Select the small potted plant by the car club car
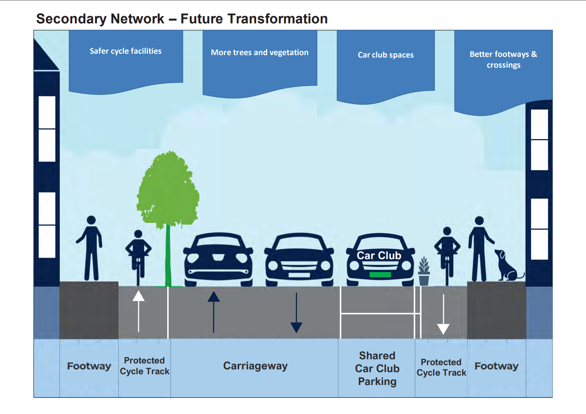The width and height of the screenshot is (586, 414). (x=424, y=272)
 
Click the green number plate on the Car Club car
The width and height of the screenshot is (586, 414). (x=380, y=274)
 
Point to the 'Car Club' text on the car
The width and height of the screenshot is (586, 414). (x=379, y=256)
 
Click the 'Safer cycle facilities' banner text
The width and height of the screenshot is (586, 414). (x=126, y=51)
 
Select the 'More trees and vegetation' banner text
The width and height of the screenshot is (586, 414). (x=260, y=53)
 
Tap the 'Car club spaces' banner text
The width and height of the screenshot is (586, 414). (x=386, y=55)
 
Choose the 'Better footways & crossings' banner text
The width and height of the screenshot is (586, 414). (x=503, y=60)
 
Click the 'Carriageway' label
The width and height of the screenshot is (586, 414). (x=255, y=366)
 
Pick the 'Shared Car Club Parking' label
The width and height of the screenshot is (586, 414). (x=377, y=369)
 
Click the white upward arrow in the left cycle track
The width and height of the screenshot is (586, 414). (x=139, y=310)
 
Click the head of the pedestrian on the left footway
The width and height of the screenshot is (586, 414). (x=91, y=220)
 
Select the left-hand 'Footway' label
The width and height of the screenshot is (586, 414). (x=89, y=366)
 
